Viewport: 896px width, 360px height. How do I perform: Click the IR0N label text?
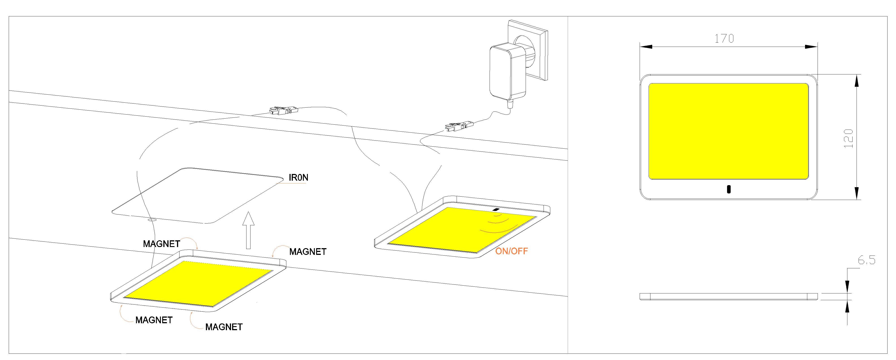298,178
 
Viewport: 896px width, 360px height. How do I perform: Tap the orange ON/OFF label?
511,251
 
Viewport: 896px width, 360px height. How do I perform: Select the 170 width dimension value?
724,38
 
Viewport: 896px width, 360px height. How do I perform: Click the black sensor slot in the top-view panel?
729,189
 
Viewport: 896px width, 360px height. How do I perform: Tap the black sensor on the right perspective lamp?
496,210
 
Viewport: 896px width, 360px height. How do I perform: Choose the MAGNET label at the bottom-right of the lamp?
224,327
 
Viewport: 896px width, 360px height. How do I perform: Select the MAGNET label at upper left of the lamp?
161,244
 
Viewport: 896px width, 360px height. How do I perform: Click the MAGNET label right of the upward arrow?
307,252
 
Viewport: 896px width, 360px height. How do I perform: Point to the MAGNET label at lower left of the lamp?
154,320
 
